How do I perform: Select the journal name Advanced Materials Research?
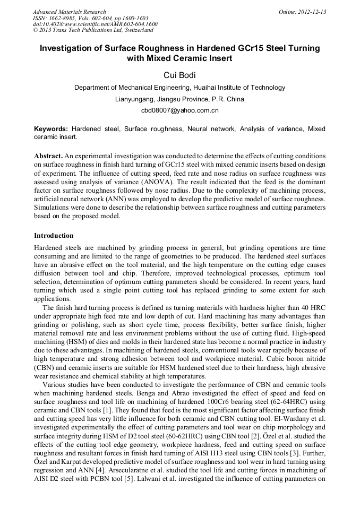(70, 12)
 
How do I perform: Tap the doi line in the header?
(95, 24)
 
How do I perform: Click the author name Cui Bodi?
(179, 75)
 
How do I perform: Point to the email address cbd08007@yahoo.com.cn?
(179, 110)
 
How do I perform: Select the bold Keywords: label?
(51, 129)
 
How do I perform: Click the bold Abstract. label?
(48, 156)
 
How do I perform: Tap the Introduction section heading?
(54, 236)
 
